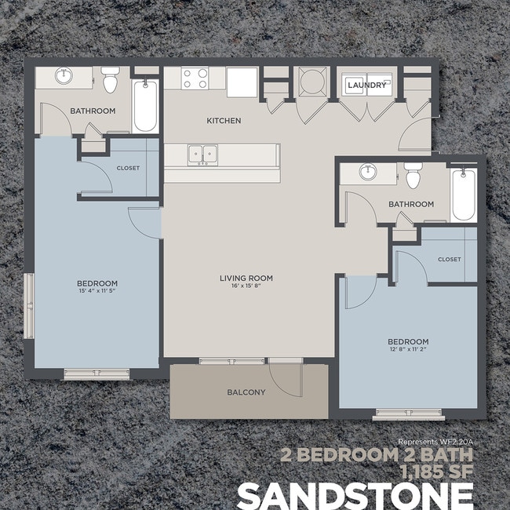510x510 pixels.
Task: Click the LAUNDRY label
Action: [366, 86]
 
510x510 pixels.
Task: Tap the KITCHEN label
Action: [224, 121]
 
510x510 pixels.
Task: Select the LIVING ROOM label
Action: [246, 278]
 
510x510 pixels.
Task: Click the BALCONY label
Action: [246, 392]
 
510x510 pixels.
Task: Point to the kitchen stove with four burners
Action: [195, 79]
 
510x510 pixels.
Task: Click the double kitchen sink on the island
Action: [204, 155]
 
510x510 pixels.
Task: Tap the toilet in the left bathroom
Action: [110, 79]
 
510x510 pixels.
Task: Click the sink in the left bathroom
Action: [63, 77]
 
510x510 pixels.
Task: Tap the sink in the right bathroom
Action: [368, 172]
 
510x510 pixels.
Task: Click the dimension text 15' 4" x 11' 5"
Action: [97, 291]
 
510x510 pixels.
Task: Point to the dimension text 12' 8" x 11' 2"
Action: [408, 350]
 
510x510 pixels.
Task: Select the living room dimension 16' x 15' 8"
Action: [246, 286]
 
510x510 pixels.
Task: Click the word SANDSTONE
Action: [355, 496]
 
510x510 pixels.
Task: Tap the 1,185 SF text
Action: [435, 472]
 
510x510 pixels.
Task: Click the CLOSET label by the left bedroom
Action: [128, 168]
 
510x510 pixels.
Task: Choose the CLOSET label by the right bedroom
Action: [450, 259]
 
